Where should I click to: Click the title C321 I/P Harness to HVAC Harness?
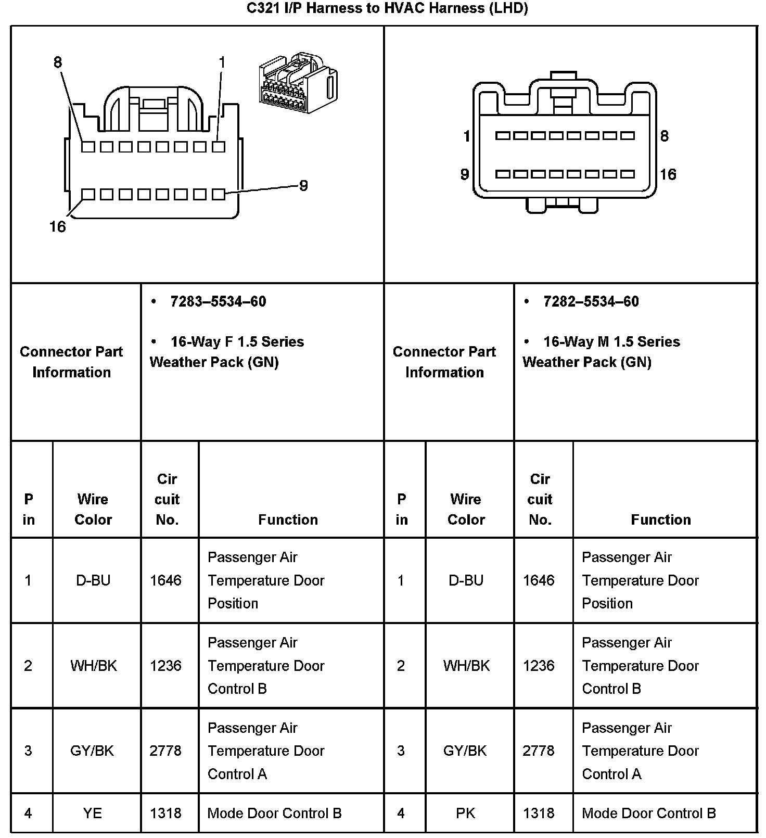pyautogui.click(x=387, y=8)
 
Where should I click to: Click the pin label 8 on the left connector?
pyautogui.click(x=58, y=62)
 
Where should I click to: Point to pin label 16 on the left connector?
pyautogui.click(x=58, y=226)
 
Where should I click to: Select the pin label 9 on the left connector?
pyautogui.click(x=303, y=185)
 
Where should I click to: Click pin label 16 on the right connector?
pyautogui.click(x=668, y=174)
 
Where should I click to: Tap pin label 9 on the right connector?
pyautogui.click(x=465, y=174)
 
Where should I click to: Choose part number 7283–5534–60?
pyautogui.click(x=218, y=301)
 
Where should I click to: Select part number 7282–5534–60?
pyautogui.click(x=591, y=301)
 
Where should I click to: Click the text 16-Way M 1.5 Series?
pyautogui.click(x=611, y=341)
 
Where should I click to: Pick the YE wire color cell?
pyautogui.click(x=93, y=813)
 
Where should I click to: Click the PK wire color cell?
pyautogui.click(x=465, y=813)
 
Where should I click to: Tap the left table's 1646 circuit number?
pyautogui.click(x=165, y=580)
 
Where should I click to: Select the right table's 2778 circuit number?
pyautogui.click(x=539, y=751)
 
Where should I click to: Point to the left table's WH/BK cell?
pyautogui.click(x=94, y=666)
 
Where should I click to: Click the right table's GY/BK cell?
pyautogui.click(x=465, y=751)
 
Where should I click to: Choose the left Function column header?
pyautogui.click(x=288, y=519)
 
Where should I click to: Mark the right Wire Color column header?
pyautogui.click(x=466, y=509)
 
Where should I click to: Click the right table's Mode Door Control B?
pyautogui.click(x=649, y=813)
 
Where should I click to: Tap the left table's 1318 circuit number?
pyautogui.click(x=165, y=813)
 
